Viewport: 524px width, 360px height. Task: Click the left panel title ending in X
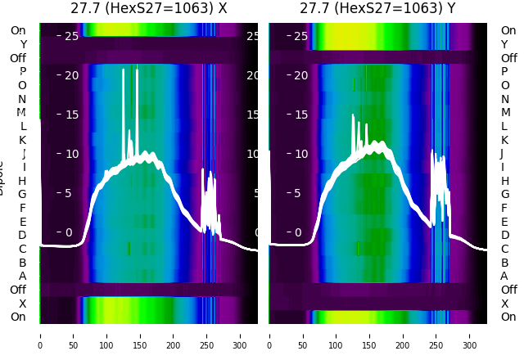(148, 8)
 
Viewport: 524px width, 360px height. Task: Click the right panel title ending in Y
(379, 8)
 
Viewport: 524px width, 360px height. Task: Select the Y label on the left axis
(23, 44)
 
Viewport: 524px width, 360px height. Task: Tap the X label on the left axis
(23, 304)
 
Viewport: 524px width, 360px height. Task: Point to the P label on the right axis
(504, 72)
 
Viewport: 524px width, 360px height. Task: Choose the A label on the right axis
(504, 276)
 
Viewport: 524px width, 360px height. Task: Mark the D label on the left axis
(23, 235)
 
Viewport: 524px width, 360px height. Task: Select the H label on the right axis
(504, 181)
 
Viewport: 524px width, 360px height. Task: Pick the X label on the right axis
(504, 304)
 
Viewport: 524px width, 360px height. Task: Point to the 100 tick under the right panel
(337, 335)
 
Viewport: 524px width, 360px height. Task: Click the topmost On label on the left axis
(18, 31)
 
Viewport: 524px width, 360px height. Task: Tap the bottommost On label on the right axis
(508, 317)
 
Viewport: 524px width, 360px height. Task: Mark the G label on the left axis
(23, 194)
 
